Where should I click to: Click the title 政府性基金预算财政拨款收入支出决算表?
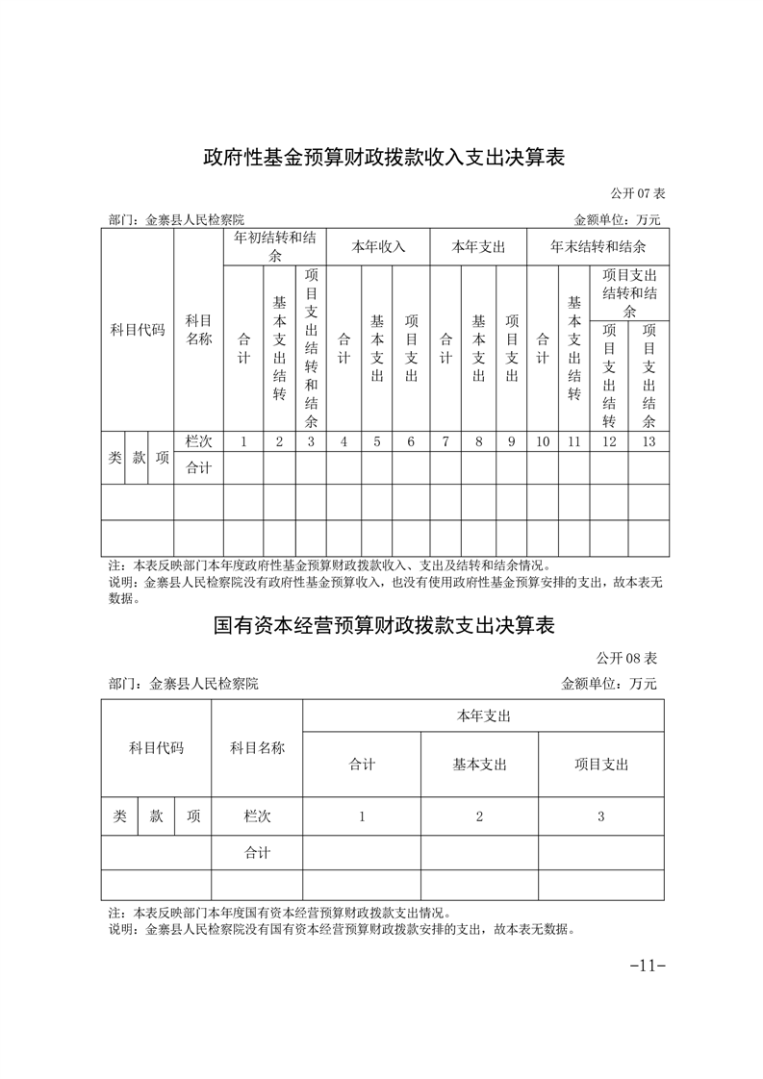pyautogui.click(x=383, y=157)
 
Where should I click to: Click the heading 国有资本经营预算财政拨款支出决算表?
pyautogui.click(x=383, y=626)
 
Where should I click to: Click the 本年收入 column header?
pyautogui.click(x=378, y=246)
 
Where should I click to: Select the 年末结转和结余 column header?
pyautogui.click(x=598, y=246)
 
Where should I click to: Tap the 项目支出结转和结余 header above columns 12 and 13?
pyautogui.click(x=629, y=292)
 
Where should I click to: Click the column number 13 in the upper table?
pyautogui.click(x=649, y=441)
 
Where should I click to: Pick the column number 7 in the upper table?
pyautogui.click(x=445, y=441)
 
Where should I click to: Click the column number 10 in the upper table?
pyautogui.click(x=543, y=441)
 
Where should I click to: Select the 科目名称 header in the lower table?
pyautogui.click(x=257, y=747)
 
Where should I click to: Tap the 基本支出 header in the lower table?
pyautogui.click(x=479, y=765)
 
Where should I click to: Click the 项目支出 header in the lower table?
pyautogui.click(x=601, y=765)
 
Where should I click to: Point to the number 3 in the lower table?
pyautogui.click(x=601, y=816)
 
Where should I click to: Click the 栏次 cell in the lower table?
pyautogui.click(x=257, y=816)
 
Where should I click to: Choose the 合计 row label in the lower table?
pyautogui.click(x=257, y=852)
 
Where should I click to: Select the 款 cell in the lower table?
pyautogui.click(x=156, y=816)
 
